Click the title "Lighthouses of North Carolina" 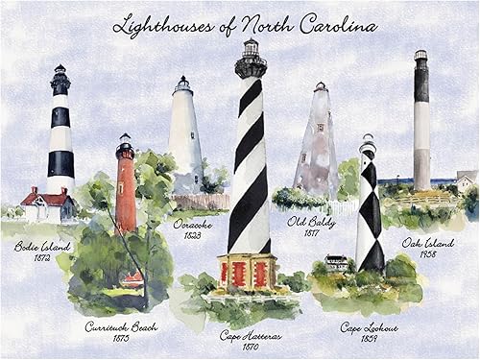[x=245, y=25]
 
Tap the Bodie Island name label [x=42, y=246]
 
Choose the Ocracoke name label [x=193, y=224]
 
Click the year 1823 [x=192, y=235]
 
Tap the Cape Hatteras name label [x=252, y=335]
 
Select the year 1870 [x=252, y=348]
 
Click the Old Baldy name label [x=310, y=221]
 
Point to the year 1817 [x=309, y=232]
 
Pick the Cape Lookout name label [x=372, y=327]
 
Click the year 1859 [x=371, y=339]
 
